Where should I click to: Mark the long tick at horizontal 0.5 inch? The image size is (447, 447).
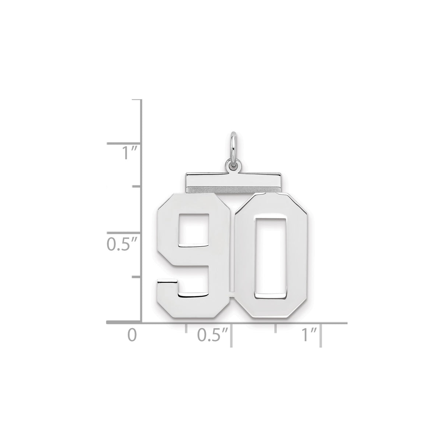231,335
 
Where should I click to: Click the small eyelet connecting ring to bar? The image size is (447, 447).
232,168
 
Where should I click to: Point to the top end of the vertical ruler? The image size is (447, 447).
142,100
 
